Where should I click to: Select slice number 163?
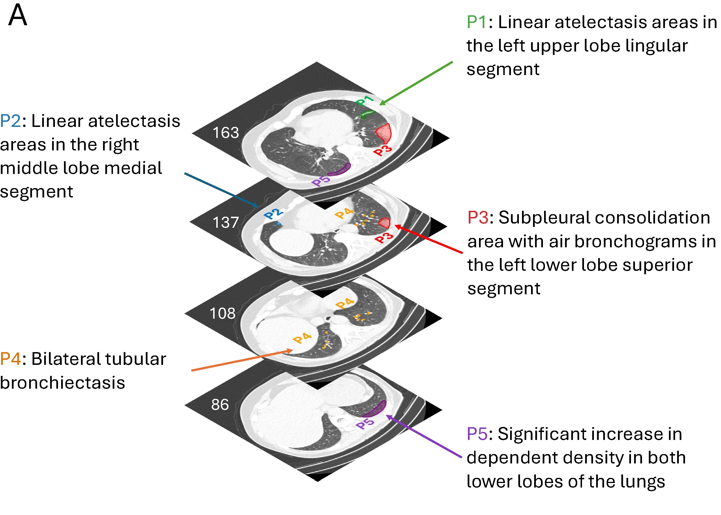click(225, 133)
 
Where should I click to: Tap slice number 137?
click(225, 222)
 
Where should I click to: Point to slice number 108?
click(222, 313)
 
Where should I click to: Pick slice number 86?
click(220, 404)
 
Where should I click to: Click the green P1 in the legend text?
click(476, 22)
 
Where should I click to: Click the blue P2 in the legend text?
click(10, 121)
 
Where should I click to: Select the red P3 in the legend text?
click(478, 218)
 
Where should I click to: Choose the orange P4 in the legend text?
click(10, 359)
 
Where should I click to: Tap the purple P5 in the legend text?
click(477, 434)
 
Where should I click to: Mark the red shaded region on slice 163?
click(384, 133)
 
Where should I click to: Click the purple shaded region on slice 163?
click(339, 170)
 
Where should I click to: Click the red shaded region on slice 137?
click(384, 222)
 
